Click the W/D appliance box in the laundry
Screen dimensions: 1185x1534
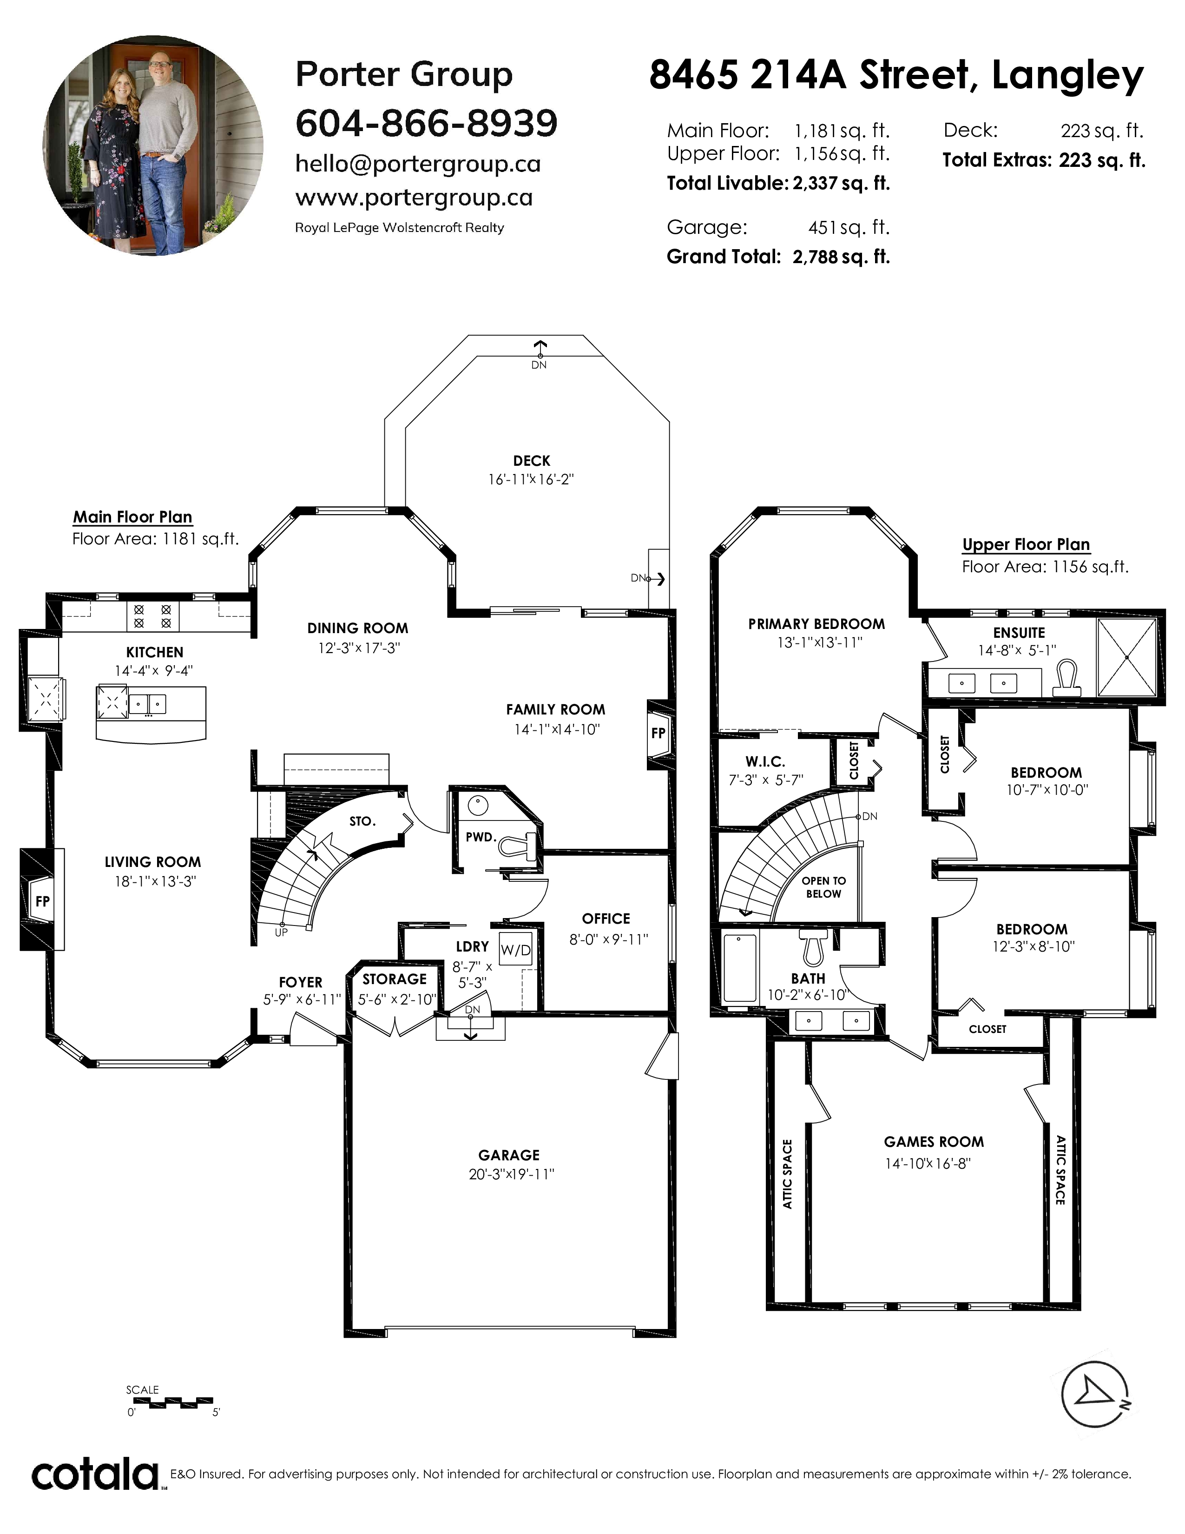tap(516, 950)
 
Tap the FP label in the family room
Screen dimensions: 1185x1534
tap(658, 733)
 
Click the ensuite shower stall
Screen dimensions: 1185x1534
tap(1127, 657)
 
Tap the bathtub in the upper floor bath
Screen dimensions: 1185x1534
tap(739, 967)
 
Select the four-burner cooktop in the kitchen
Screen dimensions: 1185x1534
tap(152, 617)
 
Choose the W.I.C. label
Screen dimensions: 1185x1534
tap(765, 761)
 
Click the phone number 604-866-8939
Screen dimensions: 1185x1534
tap(427, 123)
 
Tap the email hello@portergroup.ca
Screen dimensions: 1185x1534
tap(418, 165)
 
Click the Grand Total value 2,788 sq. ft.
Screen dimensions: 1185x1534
tap(841, 257)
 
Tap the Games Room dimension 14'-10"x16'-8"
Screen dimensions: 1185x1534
tap(928, 1164)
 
